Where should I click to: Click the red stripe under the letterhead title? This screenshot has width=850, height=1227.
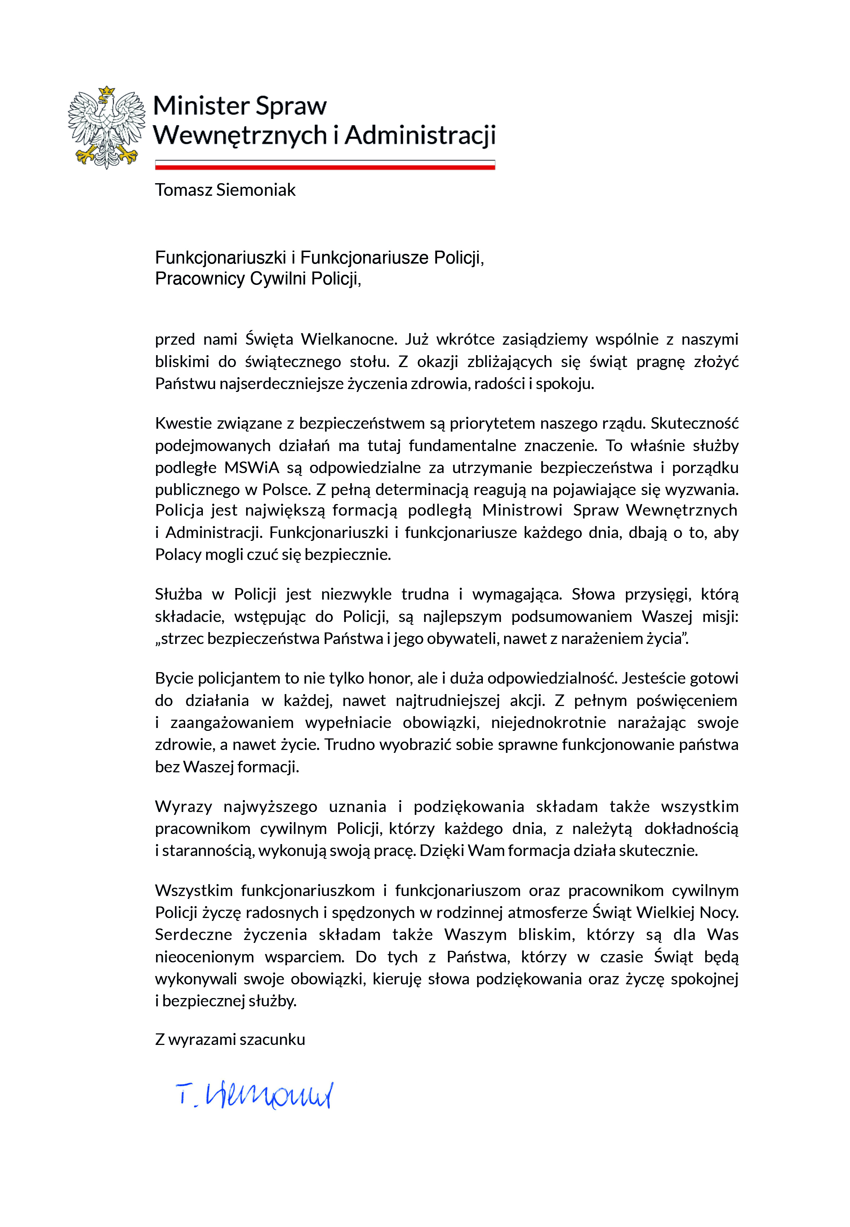click(325, 167)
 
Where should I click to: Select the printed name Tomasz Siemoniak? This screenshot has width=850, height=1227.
click(225, 190)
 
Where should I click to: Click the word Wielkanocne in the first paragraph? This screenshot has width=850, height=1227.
click(349, 339)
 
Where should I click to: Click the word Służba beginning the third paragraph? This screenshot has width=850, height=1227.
click(178, 594)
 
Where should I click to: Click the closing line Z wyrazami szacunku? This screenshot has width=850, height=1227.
click(230, 1040)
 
